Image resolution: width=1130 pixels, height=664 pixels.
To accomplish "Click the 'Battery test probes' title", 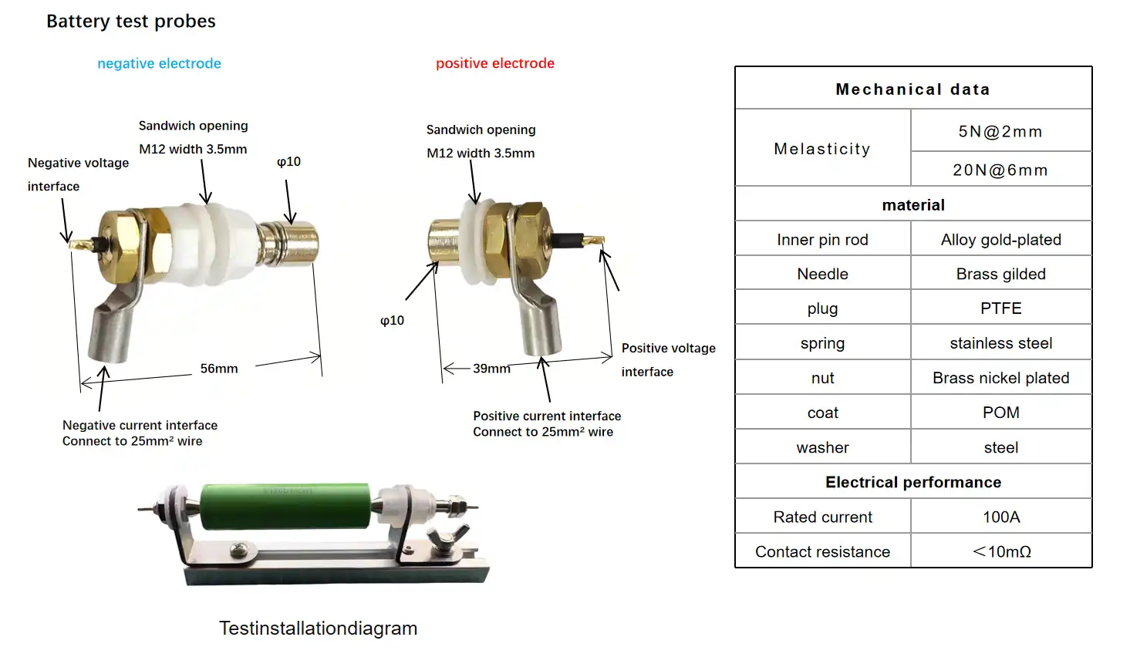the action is point(131,21).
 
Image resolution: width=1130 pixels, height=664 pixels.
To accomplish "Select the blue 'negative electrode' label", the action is point(159,63).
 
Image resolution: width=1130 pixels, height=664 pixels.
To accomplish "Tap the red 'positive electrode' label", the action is point(495,63).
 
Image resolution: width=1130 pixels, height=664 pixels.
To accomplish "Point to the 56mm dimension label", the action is point(219,369).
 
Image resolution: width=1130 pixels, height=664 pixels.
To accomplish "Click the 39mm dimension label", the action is point(491,369).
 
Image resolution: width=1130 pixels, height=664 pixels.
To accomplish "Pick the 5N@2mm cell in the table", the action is point(1000,132).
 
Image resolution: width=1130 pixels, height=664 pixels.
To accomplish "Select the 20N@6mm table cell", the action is point(1000,170).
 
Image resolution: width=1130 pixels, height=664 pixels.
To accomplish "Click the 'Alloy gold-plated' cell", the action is point(1001,240).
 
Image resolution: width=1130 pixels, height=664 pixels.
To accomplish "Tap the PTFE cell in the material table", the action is point(1001,308).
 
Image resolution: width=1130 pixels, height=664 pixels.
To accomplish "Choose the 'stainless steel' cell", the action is point(1001,343).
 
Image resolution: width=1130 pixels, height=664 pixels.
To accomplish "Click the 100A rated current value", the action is point(1001,517).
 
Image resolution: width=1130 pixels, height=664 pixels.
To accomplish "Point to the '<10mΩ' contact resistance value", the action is point(1001,551).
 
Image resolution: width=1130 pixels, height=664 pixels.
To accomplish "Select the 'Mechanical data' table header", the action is point(913,89).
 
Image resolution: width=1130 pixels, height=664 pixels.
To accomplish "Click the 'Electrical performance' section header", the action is point(913,482).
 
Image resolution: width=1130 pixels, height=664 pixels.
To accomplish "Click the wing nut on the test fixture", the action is point(447,538).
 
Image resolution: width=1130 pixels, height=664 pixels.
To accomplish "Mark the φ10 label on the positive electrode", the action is point(392,320).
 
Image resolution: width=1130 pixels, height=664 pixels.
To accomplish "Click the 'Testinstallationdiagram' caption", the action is point(318,629).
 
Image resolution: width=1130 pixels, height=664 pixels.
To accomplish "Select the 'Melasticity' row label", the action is point(822,149).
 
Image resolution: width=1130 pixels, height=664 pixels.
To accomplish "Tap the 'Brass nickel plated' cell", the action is point(1001,378).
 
